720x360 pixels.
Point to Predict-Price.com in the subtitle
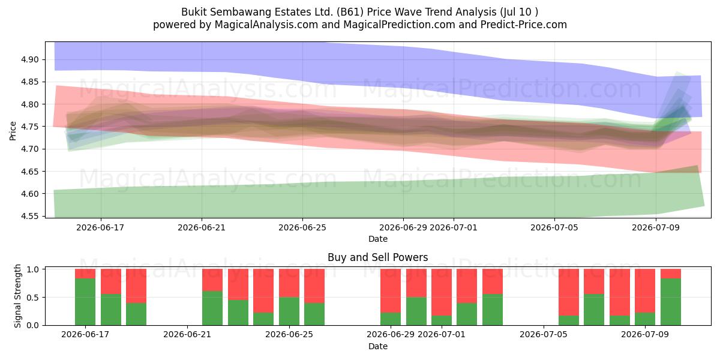[523, 25]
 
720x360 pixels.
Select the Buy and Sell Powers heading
[377, 257]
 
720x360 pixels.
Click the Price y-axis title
[13, 131]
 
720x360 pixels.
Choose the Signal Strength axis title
[17, 296]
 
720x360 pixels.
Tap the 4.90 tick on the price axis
[29, 60]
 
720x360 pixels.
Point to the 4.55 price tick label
[29, 216]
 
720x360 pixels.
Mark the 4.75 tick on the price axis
[29, 127]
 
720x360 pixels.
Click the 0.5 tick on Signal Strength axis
[33, 298]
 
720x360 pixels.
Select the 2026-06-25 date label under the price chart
[302, 227]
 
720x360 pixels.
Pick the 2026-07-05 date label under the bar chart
[543, 334]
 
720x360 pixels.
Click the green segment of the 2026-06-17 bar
[85, 302]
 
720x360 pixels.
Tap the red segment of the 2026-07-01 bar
[442, 292]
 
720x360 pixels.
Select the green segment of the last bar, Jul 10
[671, 302]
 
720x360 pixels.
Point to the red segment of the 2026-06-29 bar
[391, 291]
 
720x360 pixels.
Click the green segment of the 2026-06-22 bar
[212, 308]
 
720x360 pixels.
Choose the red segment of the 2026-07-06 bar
[569, 292]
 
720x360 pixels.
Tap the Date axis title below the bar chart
[377, 346]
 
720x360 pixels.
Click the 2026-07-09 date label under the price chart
[656, 227]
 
